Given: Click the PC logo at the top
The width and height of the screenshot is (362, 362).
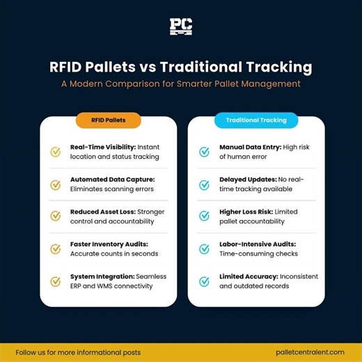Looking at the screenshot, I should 180,27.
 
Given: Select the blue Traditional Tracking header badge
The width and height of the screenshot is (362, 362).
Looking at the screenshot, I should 256,120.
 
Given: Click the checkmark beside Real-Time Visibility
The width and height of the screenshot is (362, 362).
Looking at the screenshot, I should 56,152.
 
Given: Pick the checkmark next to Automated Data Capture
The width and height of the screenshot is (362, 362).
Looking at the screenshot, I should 56,184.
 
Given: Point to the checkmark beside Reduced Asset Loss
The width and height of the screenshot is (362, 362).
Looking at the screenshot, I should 56,217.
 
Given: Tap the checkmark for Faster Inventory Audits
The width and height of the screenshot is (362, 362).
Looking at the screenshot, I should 56,249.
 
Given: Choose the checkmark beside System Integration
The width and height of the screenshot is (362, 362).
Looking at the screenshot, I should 56,281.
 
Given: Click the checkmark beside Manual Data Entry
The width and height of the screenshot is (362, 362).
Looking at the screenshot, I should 205,152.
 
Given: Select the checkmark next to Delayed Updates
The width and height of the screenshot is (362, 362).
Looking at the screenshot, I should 205,184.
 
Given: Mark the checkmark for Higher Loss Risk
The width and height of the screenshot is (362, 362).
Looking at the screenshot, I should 205,217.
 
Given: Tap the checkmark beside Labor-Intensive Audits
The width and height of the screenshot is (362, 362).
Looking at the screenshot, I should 205,249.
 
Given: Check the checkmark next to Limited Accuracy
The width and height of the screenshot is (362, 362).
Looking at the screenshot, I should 205,281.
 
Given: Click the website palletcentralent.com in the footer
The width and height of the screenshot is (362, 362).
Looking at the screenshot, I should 305,352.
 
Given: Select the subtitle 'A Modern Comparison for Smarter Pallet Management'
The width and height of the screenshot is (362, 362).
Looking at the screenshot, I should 180,84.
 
